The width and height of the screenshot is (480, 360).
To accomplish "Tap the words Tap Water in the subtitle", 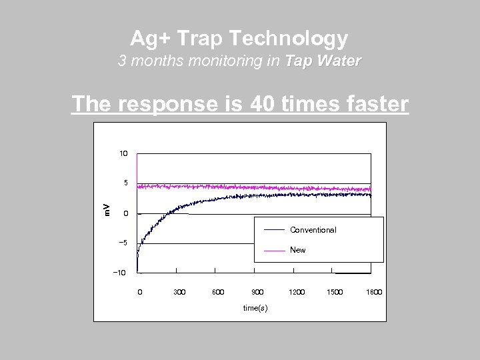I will coord(323,61).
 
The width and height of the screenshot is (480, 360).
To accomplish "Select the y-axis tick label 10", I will coord(123,153).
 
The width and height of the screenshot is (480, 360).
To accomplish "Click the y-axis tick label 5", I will coord(125,183).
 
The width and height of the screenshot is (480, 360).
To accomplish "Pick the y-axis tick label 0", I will coord(125,213).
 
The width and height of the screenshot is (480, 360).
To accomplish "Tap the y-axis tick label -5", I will coord(123,243).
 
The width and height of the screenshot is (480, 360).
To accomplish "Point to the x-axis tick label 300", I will coord(179,292).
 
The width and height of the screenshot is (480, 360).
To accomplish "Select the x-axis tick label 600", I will coord(218,292).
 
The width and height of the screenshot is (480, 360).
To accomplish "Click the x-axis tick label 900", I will coord(257,292).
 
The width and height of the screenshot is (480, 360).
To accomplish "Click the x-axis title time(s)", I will coord(255,307).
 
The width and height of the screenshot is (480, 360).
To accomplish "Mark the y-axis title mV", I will coord(106,209).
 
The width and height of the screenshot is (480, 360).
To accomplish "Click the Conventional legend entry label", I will coord(313,230).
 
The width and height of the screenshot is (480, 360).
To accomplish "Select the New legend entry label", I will coord(298,250).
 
